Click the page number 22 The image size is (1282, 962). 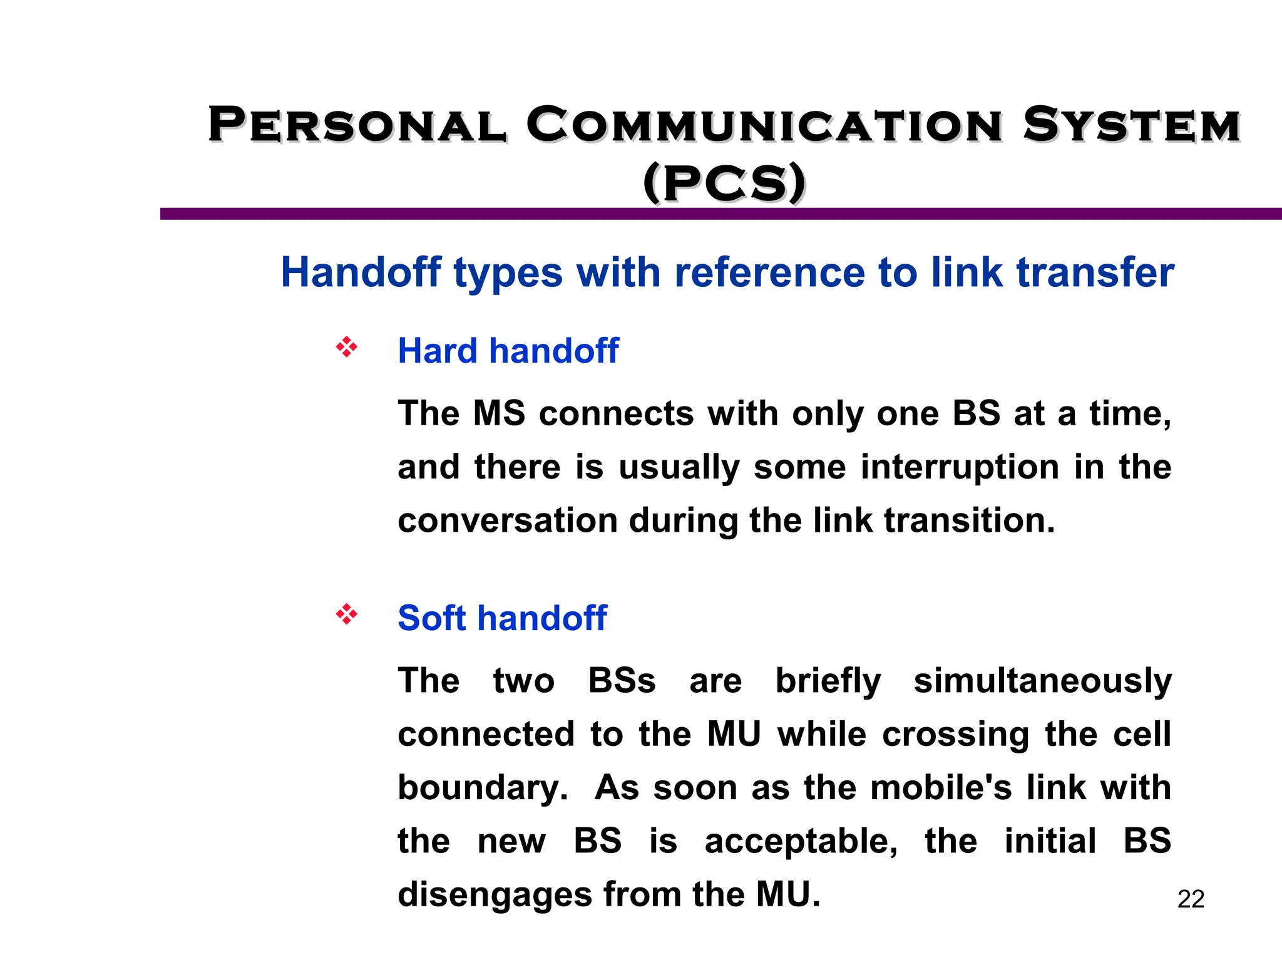coord(1191,899)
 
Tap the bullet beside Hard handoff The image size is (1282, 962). coord(346,348)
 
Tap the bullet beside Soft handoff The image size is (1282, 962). coord(346,614)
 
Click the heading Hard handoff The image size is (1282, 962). coord(508,351)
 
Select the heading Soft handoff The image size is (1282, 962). coord(502,618)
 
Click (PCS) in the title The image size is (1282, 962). coord(724,184)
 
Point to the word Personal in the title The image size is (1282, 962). coord(357,125)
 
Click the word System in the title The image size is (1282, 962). coord(1132,125)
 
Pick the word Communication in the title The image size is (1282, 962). coord(764,125)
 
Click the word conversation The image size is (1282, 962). coord(508,521)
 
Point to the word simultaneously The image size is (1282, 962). coord(1042,681)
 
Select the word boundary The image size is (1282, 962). coord(482,789)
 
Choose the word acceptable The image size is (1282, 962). coord(801,842)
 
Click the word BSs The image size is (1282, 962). coord(622,681)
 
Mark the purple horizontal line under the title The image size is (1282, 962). coord(720,214)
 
